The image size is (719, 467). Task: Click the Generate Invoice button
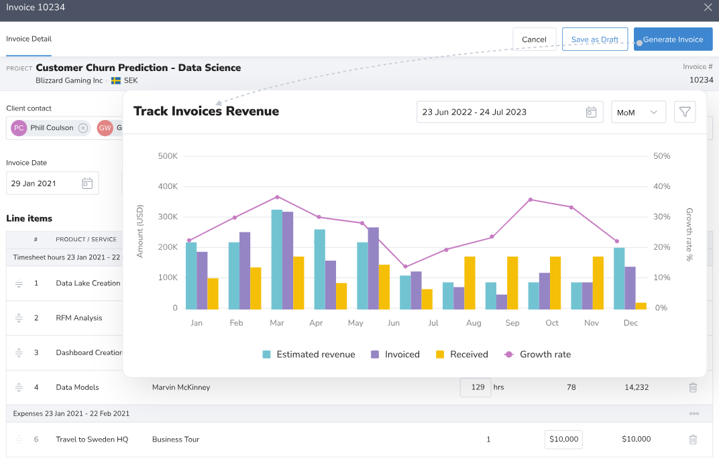673,40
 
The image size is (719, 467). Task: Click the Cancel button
534,40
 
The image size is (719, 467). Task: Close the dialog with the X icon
708,7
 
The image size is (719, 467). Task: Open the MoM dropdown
638,113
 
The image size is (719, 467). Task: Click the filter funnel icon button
685,112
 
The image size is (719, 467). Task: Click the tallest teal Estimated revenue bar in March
276,259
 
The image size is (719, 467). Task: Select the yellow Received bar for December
641,306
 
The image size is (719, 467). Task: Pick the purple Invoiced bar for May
374,268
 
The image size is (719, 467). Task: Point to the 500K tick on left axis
167,156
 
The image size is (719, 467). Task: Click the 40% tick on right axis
661,186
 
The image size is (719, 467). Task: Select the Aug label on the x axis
474,323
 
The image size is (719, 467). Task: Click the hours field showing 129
476,387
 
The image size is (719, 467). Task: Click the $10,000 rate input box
563,440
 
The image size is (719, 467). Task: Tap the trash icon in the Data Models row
693,387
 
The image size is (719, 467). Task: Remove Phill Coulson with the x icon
82,128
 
